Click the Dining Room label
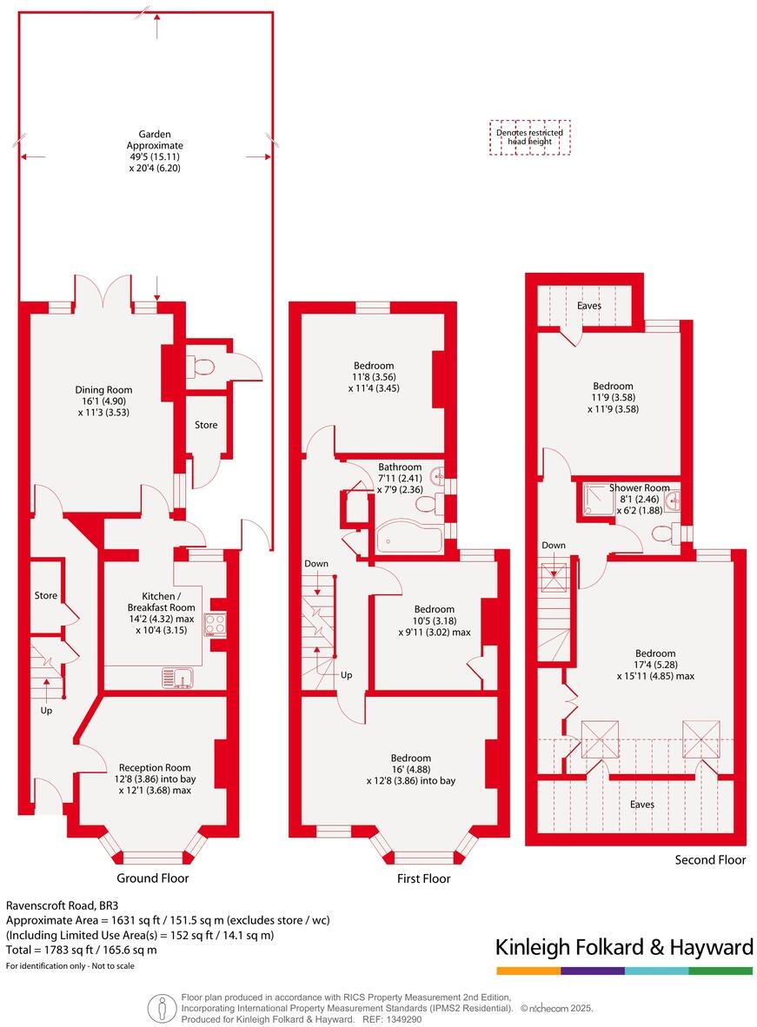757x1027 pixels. (x=103, y=390)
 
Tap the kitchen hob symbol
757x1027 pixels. (x=214, y=623)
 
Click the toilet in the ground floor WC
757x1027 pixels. (x=203, y=366)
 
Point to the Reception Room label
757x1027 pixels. (x=155, y=767)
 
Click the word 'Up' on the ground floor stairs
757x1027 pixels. (x=46, y=710)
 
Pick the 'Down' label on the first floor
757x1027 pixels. (x=316, y=564)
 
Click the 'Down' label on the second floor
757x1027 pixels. (x=554, y=546)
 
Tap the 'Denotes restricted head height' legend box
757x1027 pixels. (x=529, y=137)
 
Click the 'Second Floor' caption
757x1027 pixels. (x=710, y=860)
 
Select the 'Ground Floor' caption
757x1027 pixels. (x=152, y=878)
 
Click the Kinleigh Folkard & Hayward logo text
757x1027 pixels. (x=623, y=946)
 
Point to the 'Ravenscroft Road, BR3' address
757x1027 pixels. (x=56, y=904)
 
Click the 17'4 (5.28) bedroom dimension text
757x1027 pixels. (x=655, y=665)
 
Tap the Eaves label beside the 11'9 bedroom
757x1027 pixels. (x=588, y=306)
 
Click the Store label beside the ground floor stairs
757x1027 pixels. (x=46, y=596)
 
